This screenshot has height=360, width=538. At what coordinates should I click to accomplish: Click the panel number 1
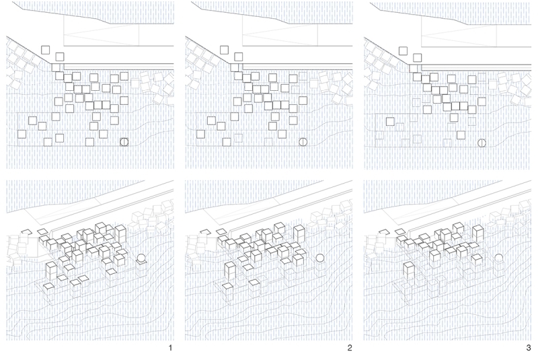tap(171, 349)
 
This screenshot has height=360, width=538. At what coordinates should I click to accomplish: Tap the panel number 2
tap(349, 349)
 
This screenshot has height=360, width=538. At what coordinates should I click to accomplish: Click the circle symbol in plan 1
tap(124, 142)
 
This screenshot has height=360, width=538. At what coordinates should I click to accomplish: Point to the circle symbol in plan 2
tap(303, 142)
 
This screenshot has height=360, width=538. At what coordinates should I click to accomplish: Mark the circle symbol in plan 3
tap(482, 142)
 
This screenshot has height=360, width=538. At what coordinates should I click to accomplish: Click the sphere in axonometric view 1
tap(141, 258)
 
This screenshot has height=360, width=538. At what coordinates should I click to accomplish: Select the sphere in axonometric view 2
tap(319, 258)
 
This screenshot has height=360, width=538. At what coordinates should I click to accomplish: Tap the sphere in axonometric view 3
tap(498, 258)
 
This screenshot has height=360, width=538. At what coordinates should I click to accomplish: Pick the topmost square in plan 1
tap(46, 49)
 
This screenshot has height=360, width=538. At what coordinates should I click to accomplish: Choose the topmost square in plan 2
tap(225, 49)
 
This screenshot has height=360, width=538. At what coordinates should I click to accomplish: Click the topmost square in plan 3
tap(403, 49)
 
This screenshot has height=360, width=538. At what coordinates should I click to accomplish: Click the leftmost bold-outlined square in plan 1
tap(21, 134)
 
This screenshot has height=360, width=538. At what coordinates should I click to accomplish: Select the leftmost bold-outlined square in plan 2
tap(200, 134)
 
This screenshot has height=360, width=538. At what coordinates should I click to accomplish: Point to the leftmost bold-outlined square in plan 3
tap(389, 122)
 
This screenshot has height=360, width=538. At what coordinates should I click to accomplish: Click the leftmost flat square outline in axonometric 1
tap(27, 232)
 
